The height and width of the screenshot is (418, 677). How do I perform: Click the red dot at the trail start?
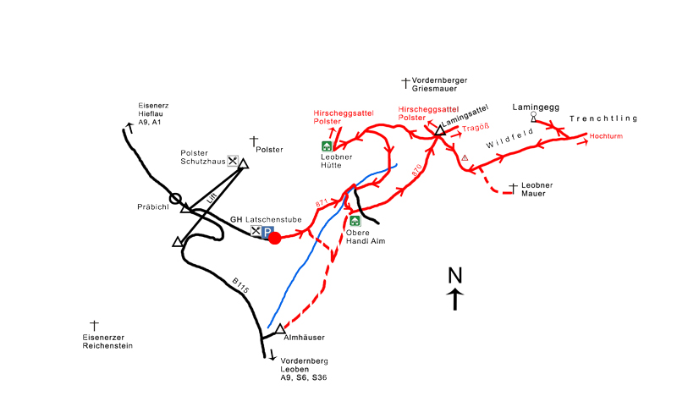[274, 238]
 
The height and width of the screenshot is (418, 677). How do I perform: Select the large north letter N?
[455, 275]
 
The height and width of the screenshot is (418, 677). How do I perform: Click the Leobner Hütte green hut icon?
[327, 146]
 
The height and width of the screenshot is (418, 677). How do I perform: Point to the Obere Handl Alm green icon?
[355, 221]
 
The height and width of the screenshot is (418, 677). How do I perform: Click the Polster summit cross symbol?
[253, 140]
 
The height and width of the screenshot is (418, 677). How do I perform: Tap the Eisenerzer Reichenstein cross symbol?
[94, 325]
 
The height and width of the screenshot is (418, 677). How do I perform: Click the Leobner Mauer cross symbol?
[513, 187]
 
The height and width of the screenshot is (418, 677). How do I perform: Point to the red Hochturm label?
[606, 136]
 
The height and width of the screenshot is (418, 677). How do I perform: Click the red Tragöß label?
[476, 129]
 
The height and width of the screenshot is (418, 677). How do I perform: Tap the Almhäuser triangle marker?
[281, 328]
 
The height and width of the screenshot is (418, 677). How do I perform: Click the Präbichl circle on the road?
[175, 199]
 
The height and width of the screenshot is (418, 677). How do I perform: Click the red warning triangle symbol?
[465, 157]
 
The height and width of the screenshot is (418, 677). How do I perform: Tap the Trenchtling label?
[603, 118]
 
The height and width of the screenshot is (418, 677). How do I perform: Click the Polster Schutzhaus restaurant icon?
[232, 160]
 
